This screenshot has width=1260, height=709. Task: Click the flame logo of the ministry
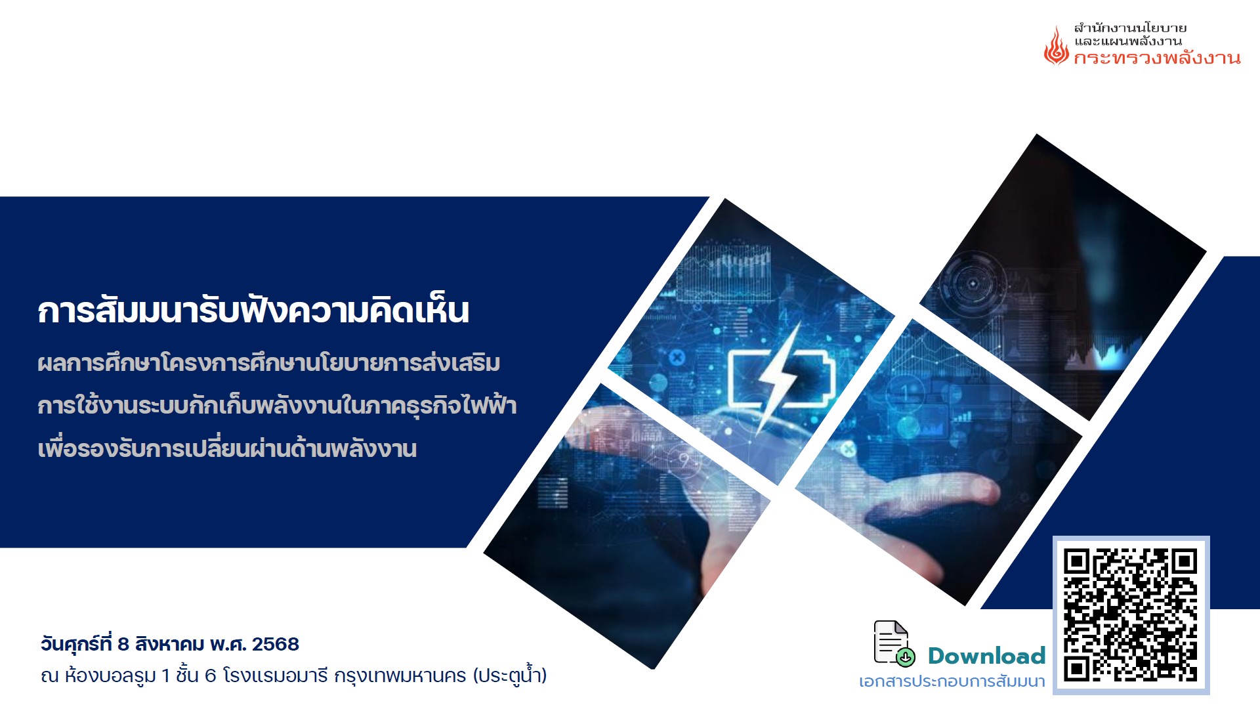(1056, 45)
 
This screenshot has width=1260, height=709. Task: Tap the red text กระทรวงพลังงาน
(1157, 58)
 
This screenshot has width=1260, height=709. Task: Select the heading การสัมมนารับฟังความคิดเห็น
(253, 310)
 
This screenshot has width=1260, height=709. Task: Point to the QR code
(1131, 615)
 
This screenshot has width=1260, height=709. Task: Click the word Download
(986, 655)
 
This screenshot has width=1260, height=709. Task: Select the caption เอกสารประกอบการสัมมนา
(952, 681)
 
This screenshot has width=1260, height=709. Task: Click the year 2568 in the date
(276, 644)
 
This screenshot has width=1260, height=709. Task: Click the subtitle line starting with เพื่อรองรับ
(227, 448)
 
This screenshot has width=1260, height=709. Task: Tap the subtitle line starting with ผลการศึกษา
(269, 362)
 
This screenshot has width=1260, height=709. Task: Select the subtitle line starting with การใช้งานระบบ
(277, 405)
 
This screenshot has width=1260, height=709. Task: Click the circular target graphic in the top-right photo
(973, 284)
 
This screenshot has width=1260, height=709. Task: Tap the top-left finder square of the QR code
(1078, 562)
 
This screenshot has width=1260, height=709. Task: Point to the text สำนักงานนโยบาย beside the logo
(1130, 28)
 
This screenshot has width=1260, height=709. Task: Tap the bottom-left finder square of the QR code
(1078, 669)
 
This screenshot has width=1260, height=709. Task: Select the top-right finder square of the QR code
(1185, 562)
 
